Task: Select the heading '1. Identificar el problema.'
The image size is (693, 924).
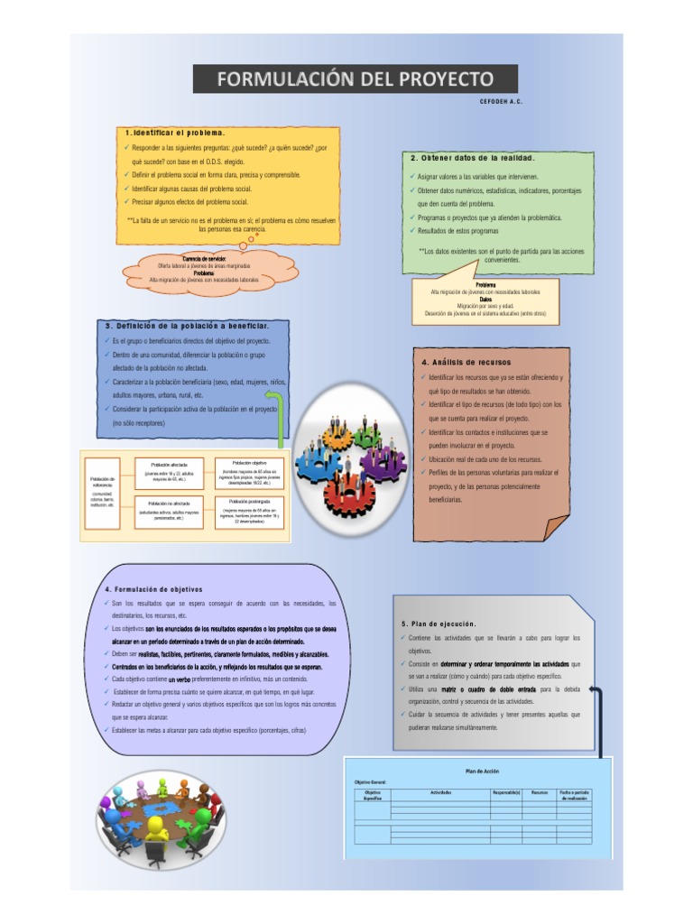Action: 175,133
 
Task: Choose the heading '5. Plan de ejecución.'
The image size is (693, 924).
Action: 439,624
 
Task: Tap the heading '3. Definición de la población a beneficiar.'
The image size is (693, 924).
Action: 186,325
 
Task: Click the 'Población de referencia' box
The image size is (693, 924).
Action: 102,491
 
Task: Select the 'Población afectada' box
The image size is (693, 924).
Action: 163,471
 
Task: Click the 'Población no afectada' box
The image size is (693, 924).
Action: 163,511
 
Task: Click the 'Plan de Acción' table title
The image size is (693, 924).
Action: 482,772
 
